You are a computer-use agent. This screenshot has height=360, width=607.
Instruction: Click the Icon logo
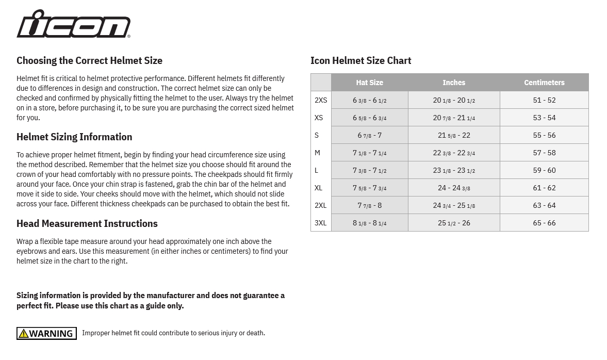[73, 24]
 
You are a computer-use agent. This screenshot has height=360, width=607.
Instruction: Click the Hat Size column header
[369, 83]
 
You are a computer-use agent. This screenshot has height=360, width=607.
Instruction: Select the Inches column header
[454, 83]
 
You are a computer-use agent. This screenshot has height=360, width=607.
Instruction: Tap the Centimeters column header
[544, 83]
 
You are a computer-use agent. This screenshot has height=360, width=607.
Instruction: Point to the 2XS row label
[321, 100]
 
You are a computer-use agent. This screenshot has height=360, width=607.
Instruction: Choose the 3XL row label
[321, 223]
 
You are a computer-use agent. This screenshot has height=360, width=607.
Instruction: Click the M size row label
[318, 153]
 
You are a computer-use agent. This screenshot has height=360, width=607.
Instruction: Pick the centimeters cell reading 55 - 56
[544, 135]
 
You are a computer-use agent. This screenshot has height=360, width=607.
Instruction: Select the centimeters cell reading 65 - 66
[544, 223]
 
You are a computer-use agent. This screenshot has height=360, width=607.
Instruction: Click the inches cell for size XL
[454, 188]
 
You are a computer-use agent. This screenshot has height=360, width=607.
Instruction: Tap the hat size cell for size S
[369, 135]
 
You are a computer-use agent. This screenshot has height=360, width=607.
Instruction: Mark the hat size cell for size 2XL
[369, 205]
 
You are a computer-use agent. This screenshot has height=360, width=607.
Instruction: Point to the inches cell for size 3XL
[454, 223]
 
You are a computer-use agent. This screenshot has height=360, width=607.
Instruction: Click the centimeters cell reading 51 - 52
[544, 100]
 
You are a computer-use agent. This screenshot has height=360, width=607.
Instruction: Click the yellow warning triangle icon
[24, 334]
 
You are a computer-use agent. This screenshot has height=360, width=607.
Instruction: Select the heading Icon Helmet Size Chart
[360, 60]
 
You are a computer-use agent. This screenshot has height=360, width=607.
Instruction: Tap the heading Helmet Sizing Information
[74, 137]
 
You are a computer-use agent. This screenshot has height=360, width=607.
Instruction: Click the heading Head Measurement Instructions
[87, 223]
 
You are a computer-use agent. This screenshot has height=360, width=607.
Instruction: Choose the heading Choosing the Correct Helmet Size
[89, 60]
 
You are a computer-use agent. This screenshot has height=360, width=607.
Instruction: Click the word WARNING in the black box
[51, 334]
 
